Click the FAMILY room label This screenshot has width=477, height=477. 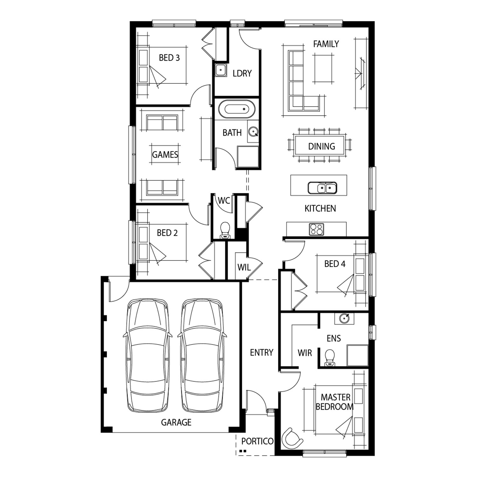pos(326,44)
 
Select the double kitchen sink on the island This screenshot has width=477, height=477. pos(322,188)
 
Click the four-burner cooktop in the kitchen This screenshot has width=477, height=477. pos(317,229)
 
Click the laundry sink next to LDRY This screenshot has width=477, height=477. pos(220,70)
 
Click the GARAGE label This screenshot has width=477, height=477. pos(176,422)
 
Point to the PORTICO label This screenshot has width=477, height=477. pos(257,441)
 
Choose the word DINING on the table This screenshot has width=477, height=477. pos(321,146)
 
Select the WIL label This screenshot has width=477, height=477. pos(244,268)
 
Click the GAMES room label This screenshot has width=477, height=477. pos(165,155)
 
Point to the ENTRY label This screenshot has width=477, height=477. pos(261,352)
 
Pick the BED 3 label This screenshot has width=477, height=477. pos(169,58)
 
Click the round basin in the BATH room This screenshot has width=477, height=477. pos(253,131)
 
